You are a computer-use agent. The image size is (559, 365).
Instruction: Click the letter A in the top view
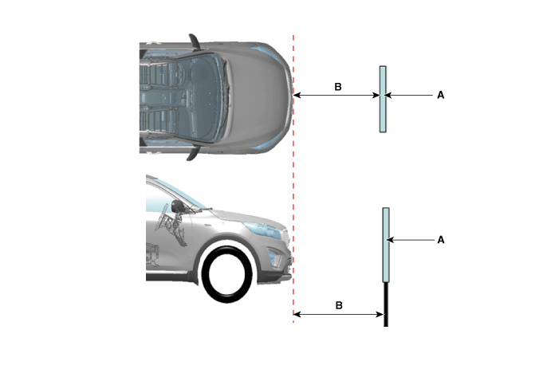click(441, 95)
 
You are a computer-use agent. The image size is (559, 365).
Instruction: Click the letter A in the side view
click(441, 240)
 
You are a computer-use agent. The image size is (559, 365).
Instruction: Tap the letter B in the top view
click(338, 87)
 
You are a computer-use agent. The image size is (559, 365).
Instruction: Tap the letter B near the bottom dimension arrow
click(339, 305)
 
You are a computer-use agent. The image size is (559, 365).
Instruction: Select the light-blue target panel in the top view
click(383, 100)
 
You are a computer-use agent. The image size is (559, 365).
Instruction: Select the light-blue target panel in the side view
click(386, 245)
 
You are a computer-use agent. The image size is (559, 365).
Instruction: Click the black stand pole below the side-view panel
click(386, 304)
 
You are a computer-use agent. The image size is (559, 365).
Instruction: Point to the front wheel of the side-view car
click(226, 274)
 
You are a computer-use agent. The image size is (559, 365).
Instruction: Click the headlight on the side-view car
click(262, 230)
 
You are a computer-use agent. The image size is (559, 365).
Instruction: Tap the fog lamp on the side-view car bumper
click(275, 258)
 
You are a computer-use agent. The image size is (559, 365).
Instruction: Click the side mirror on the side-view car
click(178, 206)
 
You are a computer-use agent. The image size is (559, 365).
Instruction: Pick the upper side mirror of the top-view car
click(195, 41)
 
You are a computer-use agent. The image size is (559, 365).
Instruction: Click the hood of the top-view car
click(257, 97)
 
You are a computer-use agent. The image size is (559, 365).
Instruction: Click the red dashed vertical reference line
click(293, 179)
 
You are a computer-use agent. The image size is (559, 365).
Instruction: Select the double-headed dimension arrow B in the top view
click(337, 95)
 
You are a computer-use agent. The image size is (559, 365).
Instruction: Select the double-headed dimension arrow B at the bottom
click(338, 314)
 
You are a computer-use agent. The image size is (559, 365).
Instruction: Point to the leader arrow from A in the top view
click(409, 95)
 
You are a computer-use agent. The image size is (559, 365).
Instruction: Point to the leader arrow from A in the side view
click(411, 240)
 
